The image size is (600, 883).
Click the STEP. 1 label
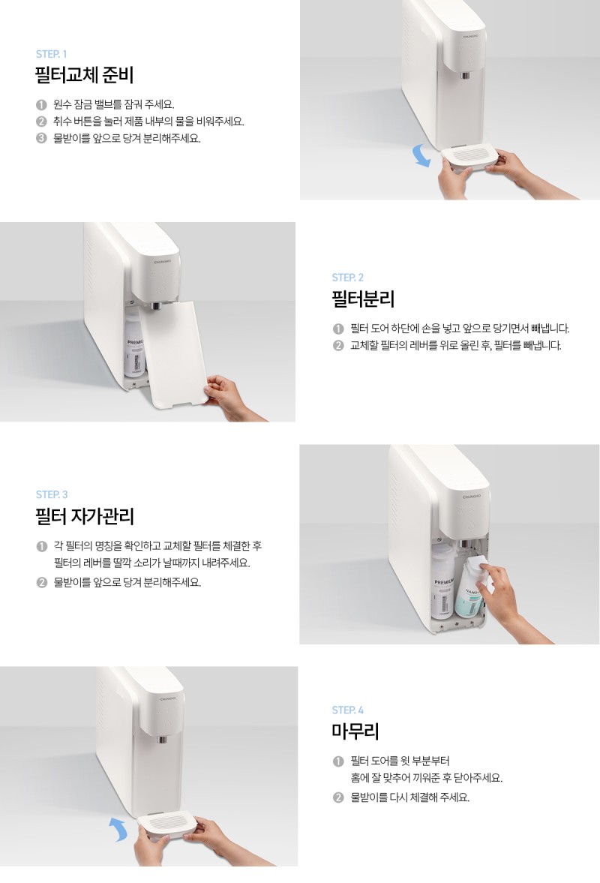pyautogui.click(x=51, y=54)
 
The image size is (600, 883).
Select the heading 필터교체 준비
pyautogui.click(x=85, y=75)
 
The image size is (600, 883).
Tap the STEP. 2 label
pyautogui.click(x=348, y=278)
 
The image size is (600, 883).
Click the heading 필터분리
pyautogui.click(x=363, y=299)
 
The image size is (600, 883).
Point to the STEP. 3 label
pyautogui.click(x=52, y=494)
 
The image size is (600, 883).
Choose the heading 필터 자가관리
pyautogui.click(x=85, y=516)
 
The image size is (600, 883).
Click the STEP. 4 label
pyautogui.click(x=348, y=710)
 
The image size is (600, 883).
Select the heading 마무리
pyautogui.click(x=355, y=731)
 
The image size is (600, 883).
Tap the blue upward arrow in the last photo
pyautogui.click(x=119, y=830)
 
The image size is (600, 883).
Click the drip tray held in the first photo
pyautogui.click(x=469, y=157)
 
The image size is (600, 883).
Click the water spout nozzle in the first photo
pyautogui.click(x=466, y=75)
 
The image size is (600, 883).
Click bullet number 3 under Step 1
pyautogui.click(x=41, y=139)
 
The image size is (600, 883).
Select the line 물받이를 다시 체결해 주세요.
pyautogui.click(x=409, y=797)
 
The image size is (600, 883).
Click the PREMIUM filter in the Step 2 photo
pyautogui.click(x=134, y=346)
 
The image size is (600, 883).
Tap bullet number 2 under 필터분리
pyautogui.click(x=337, y=346)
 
